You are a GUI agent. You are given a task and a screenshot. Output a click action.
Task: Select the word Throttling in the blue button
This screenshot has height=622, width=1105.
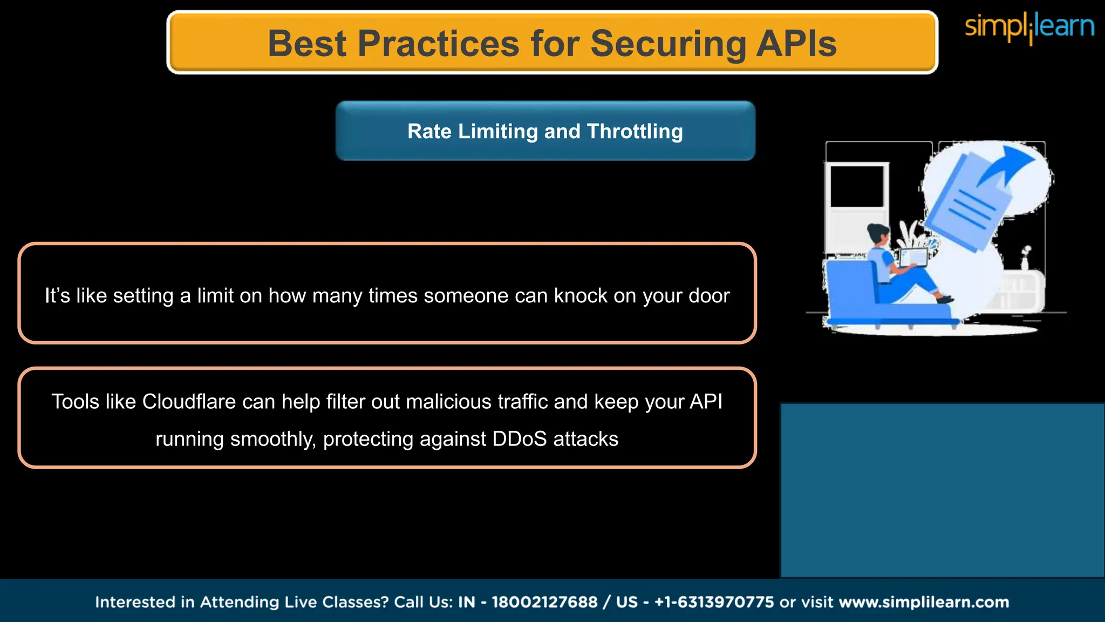coord(635,131)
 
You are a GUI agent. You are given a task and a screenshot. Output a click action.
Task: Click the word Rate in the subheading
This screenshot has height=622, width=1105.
coord(429,131)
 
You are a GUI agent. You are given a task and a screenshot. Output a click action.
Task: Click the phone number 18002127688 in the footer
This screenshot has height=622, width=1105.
coord(544,602)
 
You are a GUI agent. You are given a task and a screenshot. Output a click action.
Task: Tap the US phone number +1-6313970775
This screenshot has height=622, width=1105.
coord(714,602)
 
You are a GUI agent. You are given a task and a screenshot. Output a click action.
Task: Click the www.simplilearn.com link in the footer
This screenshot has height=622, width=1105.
coord(924,602)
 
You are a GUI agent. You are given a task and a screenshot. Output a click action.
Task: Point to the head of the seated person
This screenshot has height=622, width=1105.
coord(878,234)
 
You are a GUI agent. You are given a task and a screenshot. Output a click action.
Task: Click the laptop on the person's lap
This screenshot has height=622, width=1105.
coord(913,258)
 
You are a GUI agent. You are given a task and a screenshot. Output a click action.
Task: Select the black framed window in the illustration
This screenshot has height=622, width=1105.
coord(856,186)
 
